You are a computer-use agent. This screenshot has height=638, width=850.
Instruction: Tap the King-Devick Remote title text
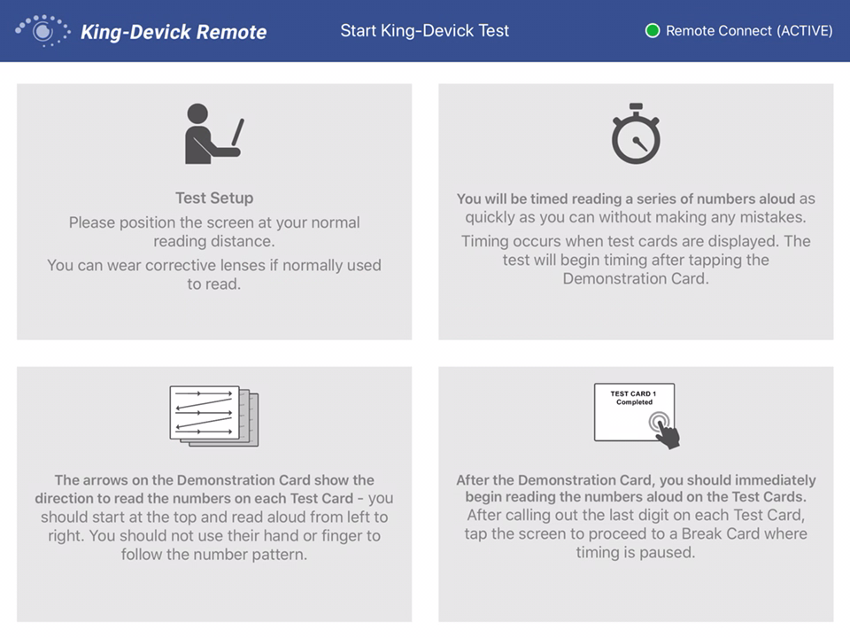click(x=174, y=32)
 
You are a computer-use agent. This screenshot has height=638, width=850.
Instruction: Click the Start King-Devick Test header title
click(x=425, y=30)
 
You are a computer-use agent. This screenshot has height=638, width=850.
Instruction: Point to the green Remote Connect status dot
click(x=653, y=31)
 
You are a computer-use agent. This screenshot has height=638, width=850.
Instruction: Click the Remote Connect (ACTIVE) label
click(x=749, y=31)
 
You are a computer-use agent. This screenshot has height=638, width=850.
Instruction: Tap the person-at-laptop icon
click(x=213, y=134)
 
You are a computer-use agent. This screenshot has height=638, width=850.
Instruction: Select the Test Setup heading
click(x=214, y=198)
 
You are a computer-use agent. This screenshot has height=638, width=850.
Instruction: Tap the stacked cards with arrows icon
click(x=213, y=415)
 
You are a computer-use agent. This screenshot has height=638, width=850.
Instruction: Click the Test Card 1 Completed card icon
click(x=634, y=412)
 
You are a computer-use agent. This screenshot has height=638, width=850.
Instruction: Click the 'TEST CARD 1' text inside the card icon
click(x=633, y=393)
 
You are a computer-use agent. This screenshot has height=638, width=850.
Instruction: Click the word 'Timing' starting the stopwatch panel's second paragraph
click(x=484, y=241)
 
